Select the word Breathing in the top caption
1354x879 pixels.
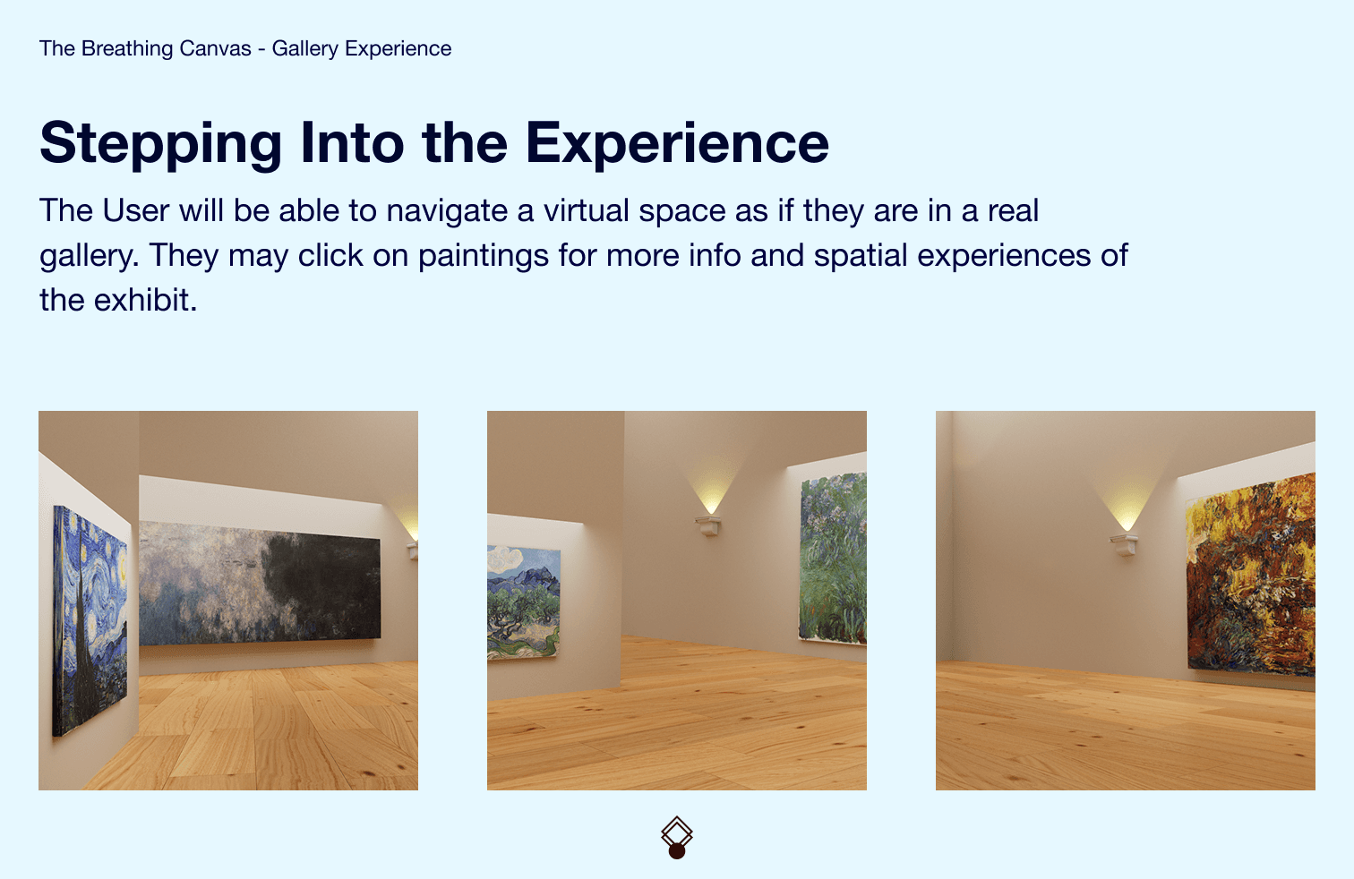(x=167, y=49)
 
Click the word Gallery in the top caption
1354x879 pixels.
(x=304, y=49)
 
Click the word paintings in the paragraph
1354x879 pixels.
(x=484, y=256)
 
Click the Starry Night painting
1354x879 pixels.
(x=90, y=621)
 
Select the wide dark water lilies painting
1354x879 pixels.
(x=260, y=583)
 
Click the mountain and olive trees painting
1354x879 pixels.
(x=524, y=603)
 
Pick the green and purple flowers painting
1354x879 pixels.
(x=833, y=558)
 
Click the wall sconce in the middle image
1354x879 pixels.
(x=708, y=525)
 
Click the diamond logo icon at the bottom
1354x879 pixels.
(x=677, y=833)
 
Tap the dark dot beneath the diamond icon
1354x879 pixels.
(x=677, y=851)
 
